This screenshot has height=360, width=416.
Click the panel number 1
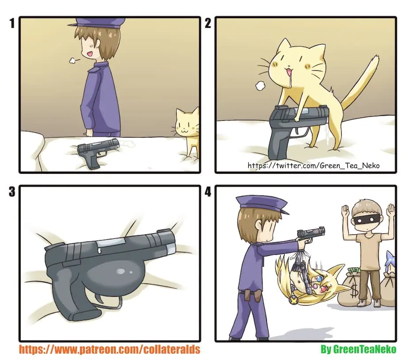tap(12, 23)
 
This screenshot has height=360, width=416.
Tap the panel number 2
tap(208, 23)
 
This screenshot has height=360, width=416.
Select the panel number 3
tap(12, 191)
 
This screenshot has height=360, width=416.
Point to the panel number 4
tap(208, 191)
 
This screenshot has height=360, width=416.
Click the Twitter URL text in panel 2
tap(314, 166)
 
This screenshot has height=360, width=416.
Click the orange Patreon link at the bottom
tap(110, 349)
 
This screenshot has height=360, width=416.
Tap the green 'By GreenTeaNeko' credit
tap(358, 349)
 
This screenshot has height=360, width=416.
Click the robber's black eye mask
tap(366, 220)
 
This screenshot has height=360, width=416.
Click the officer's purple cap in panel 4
tap(261, 203)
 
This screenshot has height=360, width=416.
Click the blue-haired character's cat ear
tap(389, 257)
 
